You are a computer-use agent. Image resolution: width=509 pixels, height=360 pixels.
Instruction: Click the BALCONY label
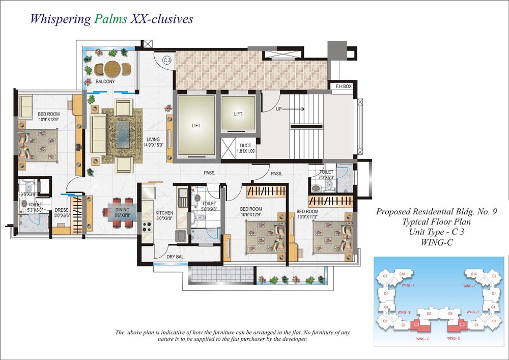coord(105,81)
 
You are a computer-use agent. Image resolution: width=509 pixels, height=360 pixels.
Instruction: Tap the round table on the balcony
coord(114,68)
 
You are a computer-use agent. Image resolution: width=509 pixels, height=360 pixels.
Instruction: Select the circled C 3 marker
coord(166,61)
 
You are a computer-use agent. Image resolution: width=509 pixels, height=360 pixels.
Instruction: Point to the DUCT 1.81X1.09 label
coord(245,148)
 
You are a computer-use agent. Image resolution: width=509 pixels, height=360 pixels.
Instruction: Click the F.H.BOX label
coord(341,87)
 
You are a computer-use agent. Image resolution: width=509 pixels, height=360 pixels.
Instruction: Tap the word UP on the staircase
coord(278,109)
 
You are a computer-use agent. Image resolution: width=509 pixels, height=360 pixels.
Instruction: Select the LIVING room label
coord(153,140)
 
